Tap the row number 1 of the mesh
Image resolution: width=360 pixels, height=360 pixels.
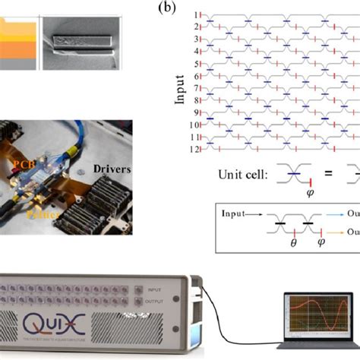(x=194, y=15)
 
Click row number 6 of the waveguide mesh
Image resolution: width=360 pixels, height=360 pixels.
(x=195, y=76)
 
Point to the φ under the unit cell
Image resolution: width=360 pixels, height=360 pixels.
(x=288, y=191)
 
